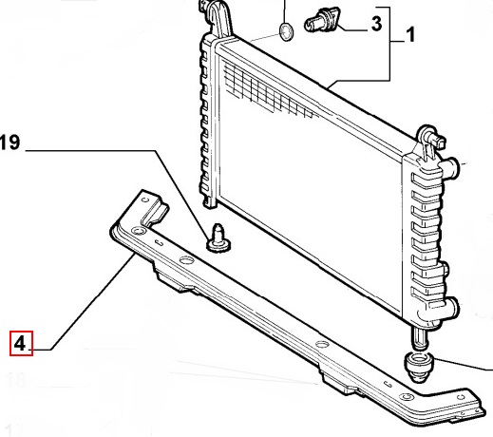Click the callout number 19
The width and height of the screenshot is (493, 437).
click(9, 142)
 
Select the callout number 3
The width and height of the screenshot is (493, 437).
click(376, 24)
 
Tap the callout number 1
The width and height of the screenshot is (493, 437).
click(410, 34)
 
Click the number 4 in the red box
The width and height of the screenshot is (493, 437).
click(20, 343)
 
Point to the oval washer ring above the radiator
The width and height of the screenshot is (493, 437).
click(286, 32)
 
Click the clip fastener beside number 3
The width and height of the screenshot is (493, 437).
click(322, 19)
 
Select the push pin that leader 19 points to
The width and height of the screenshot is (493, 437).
click(218, 238)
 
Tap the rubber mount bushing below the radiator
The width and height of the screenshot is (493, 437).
click(419, 367)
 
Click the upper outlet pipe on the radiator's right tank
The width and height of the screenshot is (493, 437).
click(450, 167)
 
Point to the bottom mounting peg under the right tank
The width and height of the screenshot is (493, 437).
click(420, 338)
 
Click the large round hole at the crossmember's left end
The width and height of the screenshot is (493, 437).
click(139, 230)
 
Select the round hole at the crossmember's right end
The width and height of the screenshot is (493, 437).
click(407, 396)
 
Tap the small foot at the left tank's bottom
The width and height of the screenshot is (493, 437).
click(210, 201)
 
